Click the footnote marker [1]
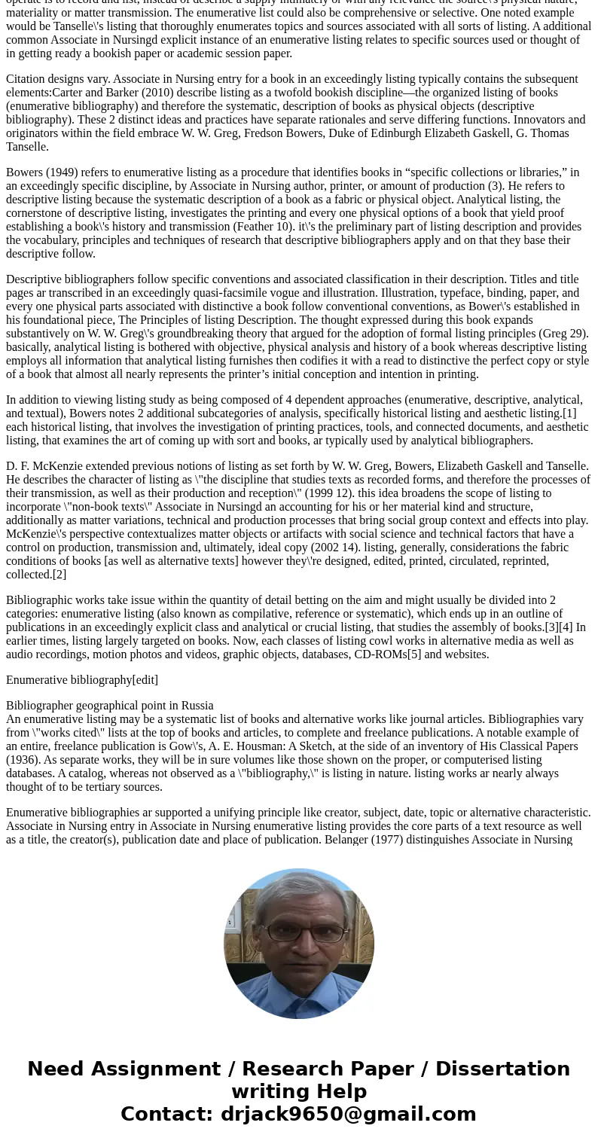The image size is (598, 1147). pos(569,413)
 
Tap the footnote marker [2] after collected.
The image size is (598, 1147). pos(59,575)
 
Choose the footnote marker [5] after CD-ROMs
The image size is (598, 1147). pos(414,654)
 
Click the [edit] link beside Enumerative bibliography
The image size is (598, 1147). pos(145,680)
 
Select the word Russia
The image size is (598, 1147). pos(197,706)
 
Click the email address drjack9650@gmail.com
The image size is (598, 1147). pos(348,1115)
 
